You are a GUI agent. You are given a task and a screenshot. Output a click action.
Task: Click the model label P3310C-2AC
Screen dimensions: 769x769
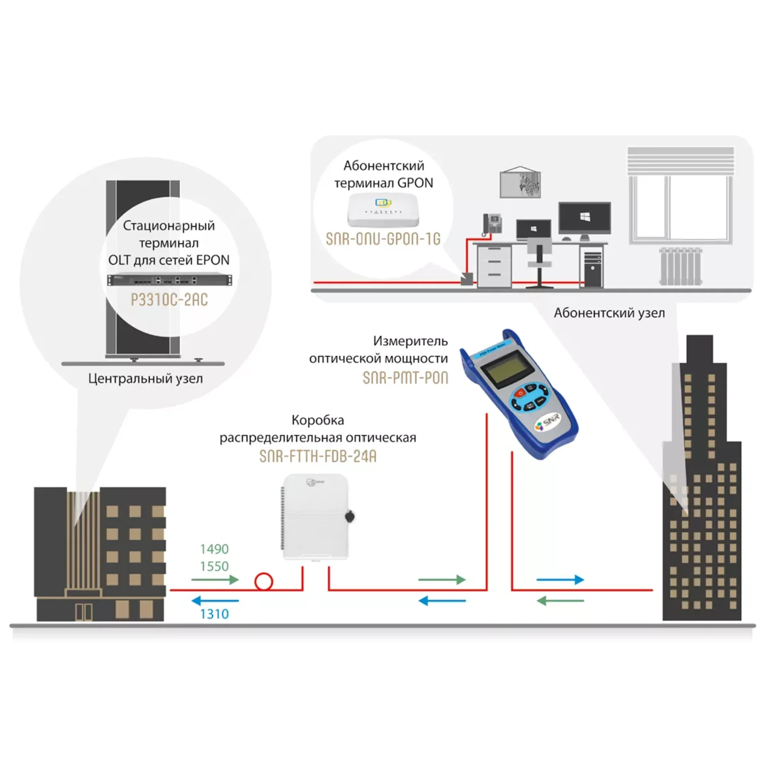coord(169,300)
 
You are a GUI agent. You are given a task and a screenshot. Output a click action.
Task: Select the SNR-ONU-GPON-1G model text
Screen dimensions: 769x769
coord(383,239)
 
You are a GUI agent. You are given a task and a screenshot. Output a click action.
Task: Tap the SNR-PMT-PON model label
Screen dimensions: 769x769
coord(405,378)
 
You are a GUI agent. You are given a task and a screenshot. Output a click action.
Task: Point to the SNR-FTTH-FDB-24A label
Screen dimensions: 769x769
coord(318,456)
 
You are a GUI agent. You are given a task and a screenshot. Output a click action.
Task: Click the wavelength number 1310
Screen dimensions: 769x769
coord(214,614)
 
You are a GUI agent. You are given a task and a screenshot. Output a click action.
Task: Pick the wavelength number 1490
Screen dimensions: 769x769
coord(214,549)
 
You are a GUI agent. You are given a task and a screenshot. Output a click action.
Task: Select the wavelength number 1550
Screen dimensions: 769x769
coord(214,566)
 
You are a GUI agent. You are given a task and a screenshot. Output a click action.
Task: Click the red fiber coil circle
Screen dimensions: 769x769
coord(264,581)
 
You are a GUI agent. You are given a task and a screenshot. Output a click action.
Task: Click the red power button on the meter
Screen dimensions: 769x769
coord(520,393)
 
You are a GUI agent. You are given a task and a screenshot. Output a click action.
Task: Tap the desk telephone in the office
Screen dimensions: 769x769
coord(492,224)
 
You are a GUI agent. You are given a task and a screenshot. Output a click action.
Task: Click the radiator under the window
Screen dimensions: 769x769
coord(680,266)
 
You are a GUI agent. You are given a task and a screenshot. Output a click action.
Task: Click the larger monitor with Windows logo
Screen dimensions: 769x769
coord(584,218)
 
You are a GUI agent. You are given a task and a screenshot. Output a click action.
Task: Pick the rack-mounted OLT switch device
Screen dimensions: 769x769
coord(169,280)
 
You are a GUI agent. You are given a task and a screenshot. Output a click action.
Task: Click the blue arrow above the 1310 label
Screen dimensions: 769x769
coord(215,601)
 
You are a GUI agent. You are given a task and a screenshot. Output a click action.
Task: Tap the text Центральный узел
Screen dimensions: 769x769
coord(145,378)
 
